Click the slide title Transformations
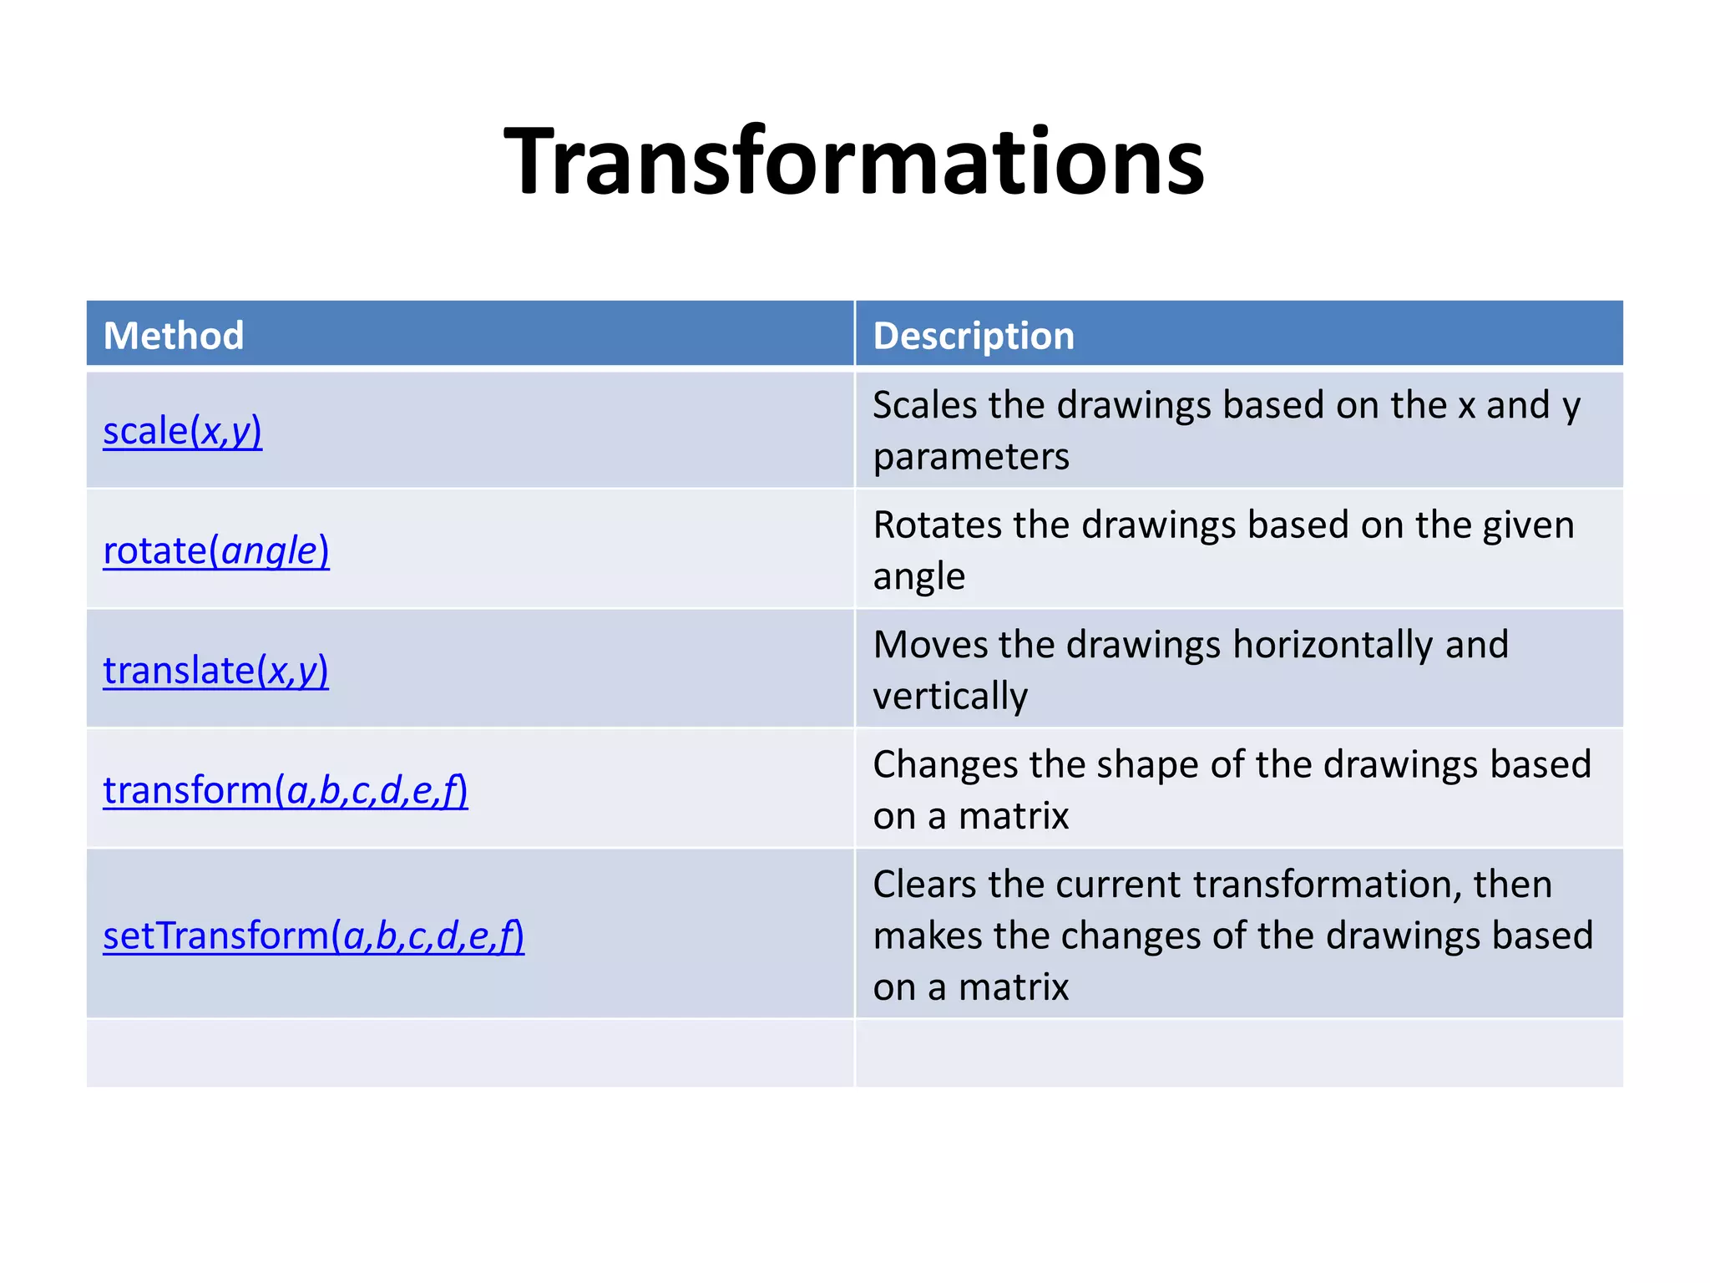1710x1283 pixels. pos(854,161)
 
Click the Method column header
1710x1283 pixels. pos(174,336)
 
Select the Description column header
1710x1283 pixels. pos(974,336)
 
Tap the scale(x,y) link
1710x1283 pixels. pos(182,431)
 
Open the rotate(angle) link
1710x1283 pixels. pos(215,550)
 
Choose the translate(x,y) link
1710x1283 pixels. pos(215,670)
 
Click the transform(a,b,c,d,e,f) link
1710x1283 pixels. pos(285,790)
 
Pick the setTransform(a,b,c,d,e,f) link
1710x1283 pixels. pos(313,936)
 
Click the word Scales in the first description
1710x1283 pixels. pos(924,405)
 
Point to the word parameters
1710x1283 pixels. pos(971,457)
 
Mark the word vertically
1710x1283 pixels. pos(950,697)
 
